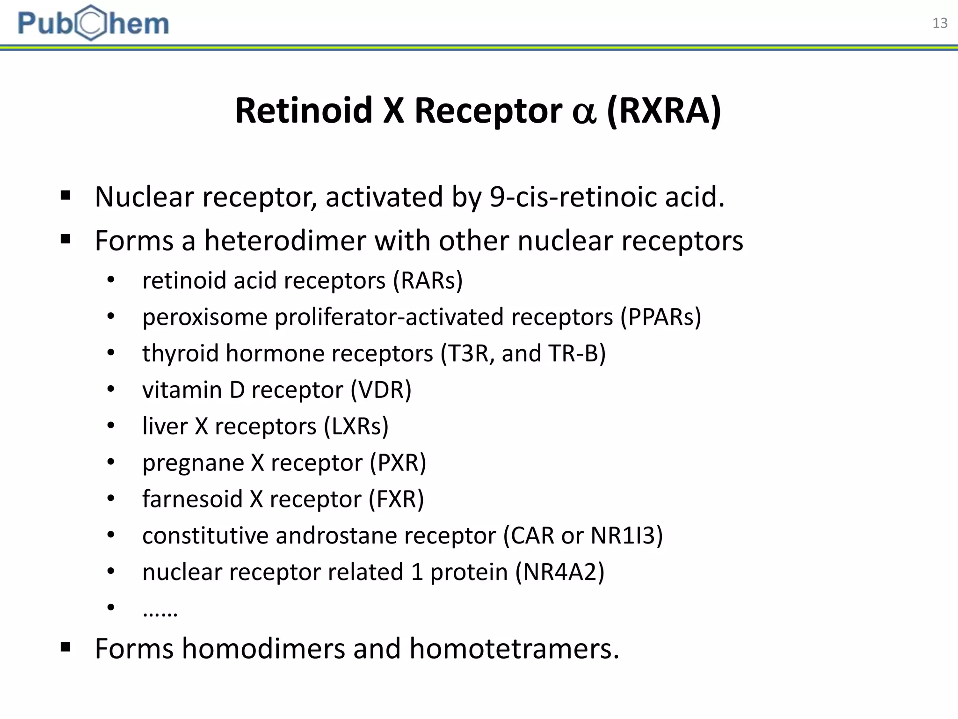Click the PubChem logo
coord(93,22)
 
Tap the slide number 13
coord(939,23)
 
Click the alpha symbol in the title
coord(584,112)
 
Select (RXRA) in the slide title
coord(664,111)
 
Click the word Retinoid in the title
coord(304,111)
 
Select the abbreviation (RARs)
coord(428,280)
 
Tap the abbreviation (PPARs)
coord(660,317)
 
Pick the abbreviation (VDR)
coord(381,389)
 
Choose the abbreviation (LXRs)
coord(356,426)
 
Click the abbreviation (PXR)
coord(398,462)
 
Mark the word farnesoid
coord(192,499)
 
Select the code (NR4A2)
coord(559,572)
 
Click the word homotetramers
coord(514,649)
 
